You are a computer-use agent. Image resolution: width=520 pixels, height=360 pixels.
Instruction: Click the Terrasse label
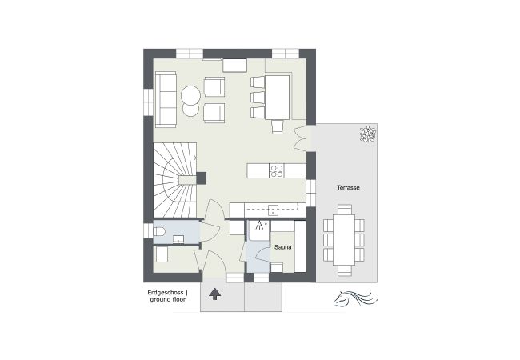[347, 187]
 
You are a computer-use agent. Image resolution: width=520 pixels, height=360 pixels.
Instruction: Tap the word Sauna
[283, 248]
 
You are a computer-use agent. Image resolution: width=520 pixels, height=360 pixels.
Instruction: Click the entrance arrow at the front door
[214, 293]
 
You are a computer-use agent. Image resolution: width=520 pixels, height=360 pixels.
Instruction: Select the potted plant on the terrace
[368, 134]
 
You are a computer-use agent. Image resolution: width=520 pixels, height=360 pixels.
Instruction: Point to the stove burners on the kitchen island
[278, 170]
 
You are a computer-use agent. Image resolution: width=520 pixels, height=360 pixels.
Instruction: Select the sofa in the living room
[166, 98]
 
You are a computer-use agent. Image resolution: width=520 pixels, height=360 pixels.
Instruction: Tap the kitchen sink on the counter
[272, 210]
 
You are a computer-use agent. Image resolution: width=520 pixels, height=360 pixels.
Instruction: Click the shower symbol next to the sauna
[259, 226]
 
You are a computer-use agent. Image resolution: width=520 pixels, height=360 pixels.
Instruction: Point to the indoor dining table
[278, 94]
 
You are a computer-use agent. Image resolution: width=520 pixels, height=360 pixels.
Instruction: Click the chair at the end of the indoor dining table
[277, 126]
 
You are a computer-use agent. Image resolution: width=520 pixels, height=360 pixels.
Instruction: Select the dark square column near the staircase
[202, 178]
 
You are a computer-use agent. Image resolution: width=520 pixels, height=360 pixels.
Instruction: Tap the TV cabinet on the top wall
[235, 64]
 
